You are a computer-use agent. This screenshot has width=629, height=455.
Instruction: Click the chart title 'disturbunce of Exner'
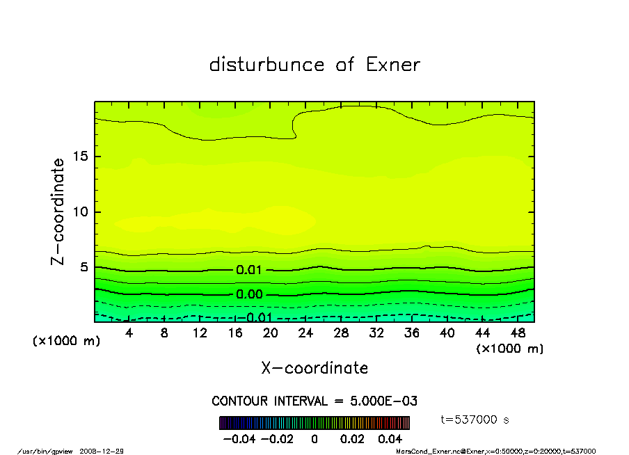[314, 65]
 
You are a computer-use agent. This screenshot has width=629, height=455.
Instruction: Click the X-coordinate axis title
[314, 368]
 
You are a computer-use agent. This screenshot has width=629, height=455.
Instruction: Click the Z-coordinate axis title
[58, 211]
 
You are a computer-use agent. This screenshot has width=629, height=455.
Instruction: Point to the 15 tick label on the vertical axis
[81, 157]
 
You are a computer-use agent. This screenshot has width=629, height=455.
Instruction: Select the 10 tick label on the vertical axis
[81, 211]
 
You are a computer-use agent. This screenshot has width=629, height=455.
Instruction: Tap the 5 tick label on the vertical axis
[85, 267]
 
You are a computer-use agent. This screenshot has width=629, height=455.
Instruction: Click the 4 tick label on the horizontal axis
[129, 333]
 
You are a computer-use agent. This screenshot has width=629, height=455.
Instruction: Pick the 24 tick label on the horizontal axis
[305, 333]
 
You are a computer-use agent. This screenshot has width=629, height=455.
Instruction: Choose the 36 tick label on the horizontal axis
[411, 333]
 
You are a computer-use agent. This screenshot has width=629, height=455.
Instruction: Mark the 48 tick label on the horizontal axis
[517, 333]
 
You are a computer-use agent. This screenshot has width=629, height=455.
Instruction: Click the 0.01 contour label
[249, 270]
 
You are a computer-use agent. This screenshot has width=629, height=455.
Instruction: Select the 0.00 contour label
[249, 294]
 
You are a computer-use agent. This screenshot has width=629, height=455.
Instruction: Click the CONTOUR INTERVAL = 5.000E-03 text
[314, 401]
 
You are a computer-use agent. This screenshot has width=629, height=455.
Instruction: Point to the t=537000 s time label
[476, 420]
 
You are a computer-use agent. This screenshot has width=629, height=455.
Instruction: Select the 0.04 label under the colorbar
[390, 439]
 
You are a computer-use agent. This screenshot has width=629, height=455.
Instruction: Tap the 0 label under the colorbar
[314, 439]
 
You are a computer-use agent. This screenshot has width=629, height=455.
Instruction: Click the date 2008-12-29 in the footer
[106, 451]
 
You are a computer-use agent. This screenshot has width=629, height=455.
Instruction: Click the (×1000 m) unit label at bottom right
[509, 349]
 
